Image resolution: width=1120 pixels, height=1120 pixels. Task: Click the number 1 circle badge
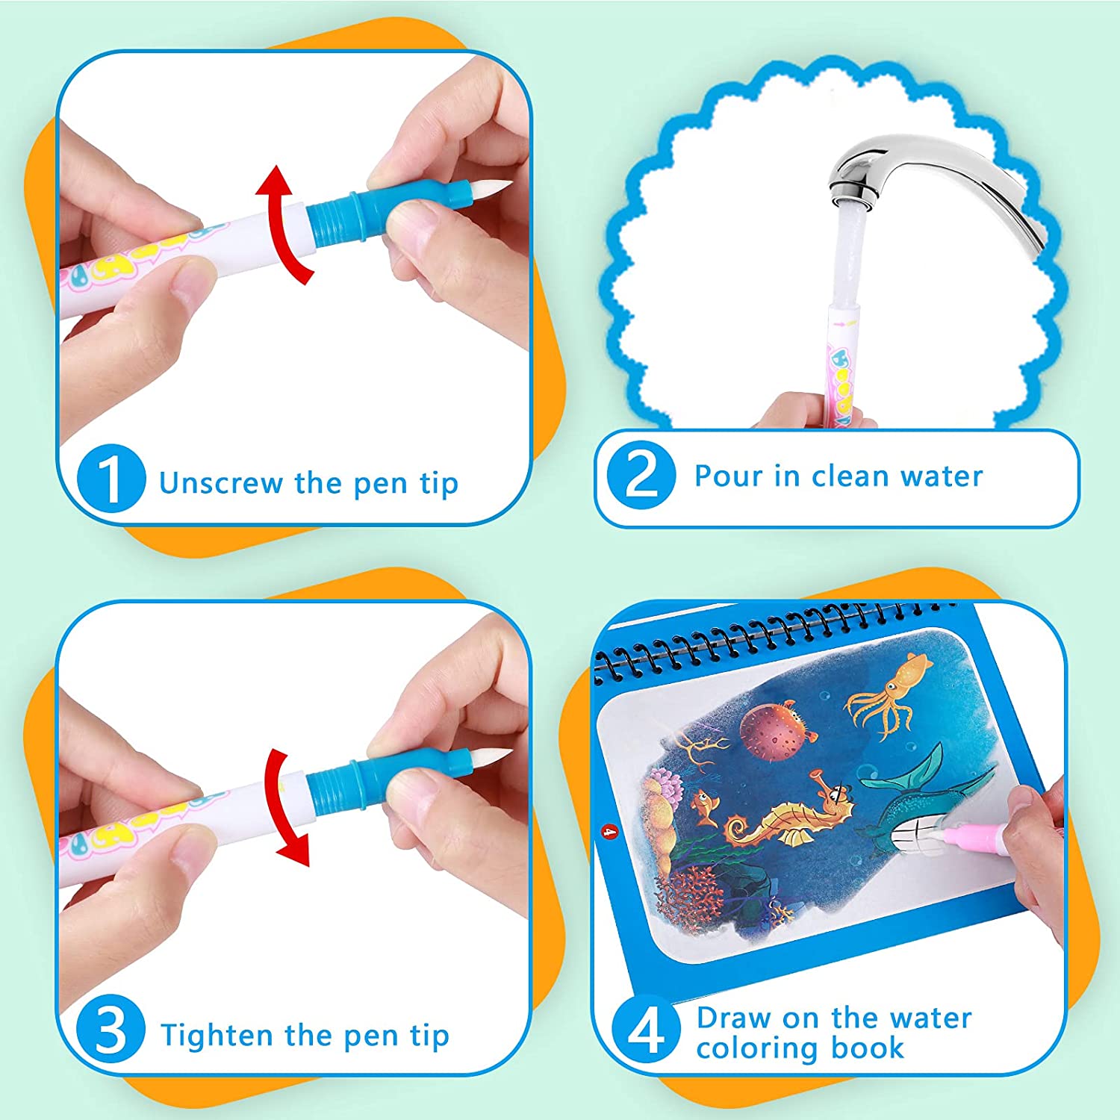111,479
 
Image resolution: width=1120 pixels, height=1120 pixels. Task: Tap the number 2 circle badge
641,476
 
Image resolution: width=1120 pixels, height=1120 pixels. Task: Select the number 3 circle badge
111,1030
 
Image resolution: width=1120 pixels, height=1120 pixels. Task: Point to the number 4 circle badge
646,1030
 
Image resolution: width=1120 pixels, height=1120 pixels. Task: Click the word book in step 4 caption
868,1048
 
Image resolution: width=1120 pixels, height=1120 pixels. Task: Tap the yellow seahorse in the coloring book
784,820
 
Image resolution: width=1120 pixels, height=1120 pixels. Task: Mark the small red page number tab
609,830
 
